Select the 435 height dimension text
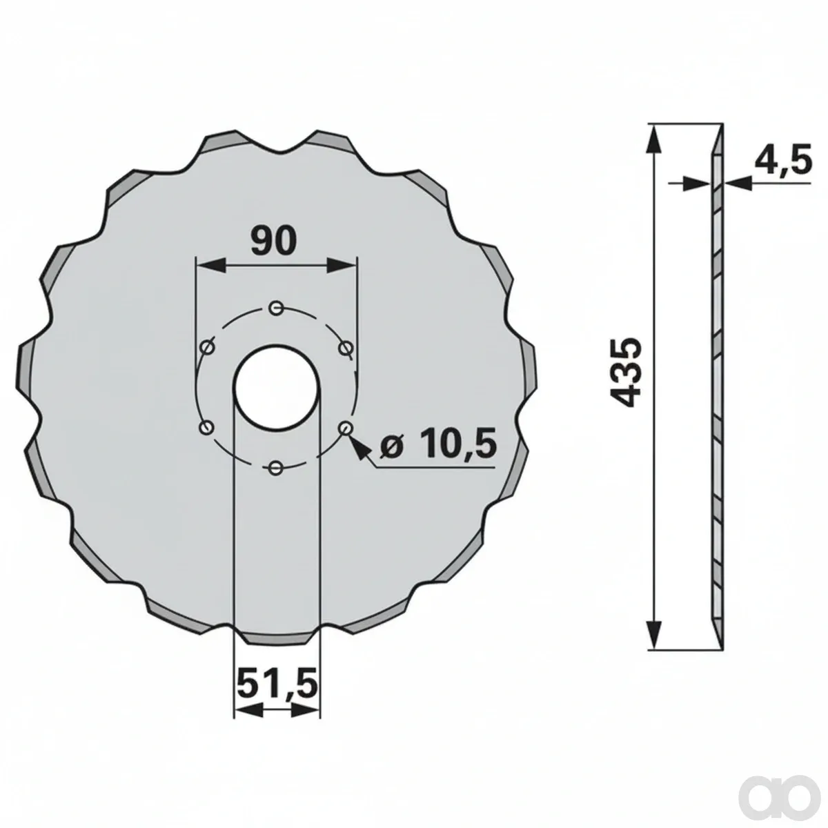(628, 373)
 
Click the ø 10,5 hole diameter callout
(438, 442)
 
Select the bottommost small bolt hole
(276, 467)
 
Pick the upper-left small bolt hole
(207, 347)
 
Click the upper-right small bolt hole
(345, 347)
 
